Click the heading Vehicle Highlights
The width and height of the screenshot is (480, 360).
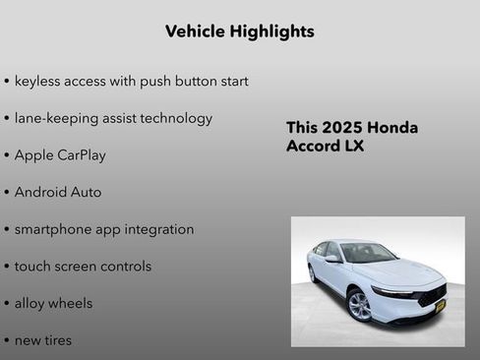(240, 31)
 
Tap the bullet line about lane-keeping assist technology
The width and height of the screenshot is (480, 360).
(113, 118)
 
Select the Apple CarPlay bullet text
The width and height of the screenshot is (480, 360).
(60, 155)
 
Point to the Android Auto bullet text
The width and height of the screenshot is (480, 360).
(58, 192)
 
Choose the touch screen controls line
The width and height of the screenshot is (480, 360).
(83, 267)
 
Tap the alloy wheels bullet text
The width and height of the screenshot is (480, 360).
(53, 303)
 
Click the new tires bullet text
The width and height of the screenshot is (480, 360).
(43, 340)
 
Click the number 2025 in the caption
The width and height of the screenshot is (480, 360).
(341, 128)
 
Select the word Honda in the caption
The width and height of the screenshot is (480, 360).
(391, 128)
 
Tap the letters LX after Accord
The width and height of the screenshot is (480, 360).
(353, 147)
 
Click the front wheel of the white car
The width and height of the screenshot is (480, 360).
(360, 305)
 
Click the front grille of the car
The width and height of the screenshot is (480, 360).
(431, 297)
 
